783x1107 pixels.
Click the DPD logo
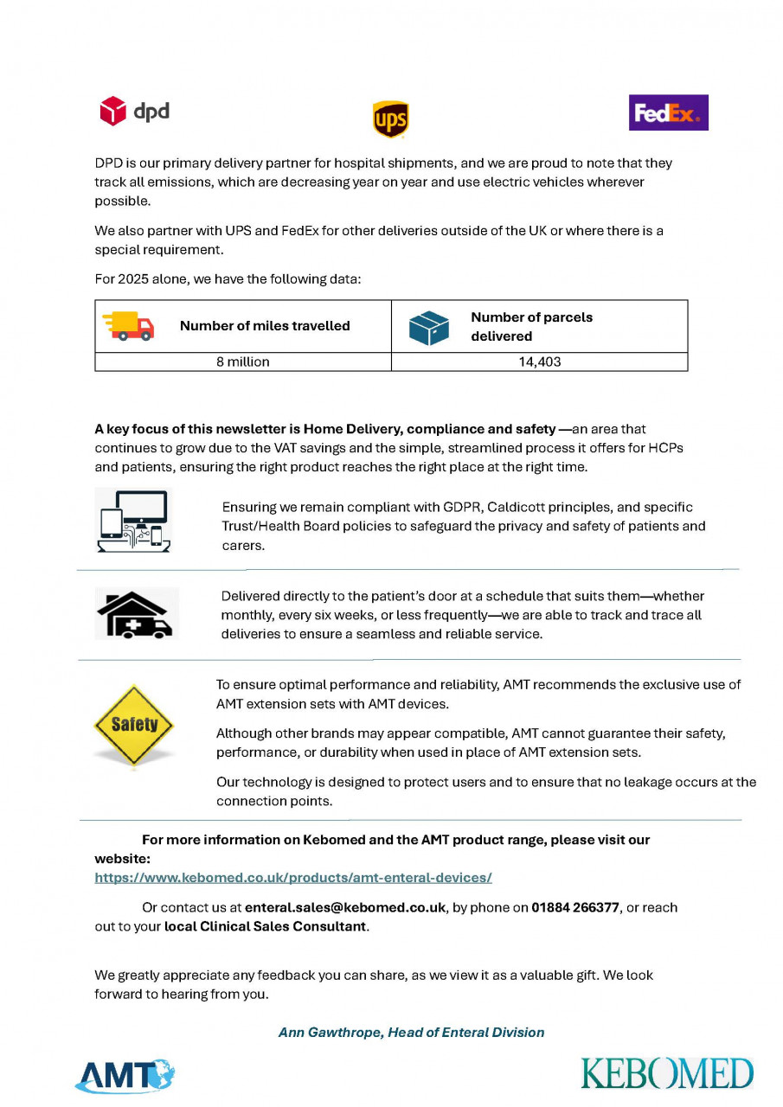134,112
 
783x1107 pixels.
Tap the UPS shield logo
390,119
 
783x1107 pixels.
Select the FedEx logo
668,112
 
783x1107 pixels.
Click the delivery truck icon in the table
128,326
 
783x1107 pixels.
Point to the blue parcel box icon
429,327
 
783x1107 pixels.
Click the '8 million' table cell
243,362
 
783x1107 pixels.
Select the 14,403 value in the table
540,362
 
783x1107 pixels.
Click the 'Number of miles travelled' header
265,326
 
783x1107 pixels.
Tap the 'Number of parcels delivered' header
531,326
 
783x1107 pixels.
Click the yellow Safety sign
134,725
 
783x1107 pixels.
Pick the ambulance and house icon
137,614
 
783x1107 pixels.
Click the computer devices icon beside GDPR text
133,521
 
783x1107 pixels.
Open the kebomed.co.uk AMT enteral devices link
293,878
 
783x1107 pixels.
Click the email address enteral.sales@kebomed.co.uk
345,907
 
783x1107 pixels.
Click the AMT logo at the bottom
125,1075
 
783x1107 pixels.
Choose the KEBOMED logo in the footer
667,1073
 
